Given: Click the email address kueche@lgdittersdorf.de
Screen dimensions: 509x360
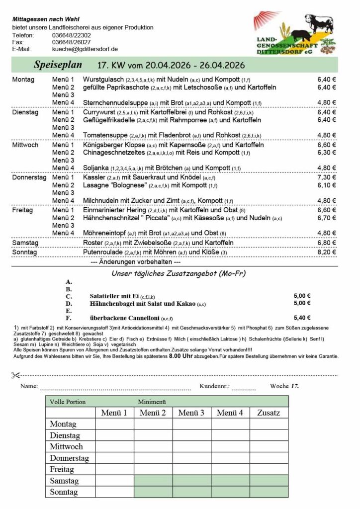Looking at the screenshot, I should tap(85, 49).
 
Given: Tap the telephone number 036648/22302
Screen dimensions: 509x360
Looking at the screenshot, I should tap(71, 35).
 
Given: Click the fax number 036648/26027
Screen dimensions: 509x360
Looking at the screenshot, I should tap(71, 42).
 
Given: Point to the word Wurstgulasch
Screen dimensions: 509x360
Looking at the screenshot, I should tap(103, 80).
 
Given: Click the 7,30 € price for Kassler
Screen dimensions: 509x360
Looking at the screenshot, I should tap(327, 177).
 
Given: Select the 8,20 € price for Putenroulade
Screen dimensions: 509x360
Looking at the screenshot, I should tap(327, 252).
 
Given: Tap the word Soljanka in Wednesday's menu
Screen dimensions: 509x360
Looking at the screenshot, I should tap(95, 168).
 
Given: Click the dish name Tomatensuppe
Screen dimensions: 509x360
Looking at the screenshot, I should tap(105, 135).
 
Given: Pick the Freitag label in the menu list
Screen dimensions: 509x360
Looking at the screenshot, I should tap(23, 211).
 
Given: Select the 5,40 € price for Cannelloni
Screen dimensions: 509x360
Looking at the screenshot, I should tap(302, 318).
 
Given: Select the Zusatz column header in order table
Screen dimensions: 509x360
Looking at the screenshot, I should tap(269, 413).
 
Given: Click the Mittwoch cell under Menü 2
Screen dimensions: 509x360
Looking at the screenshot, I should tap(153, 447).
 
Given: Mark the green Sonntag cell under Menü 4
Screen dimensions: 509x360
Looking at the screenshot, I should tap(230, 492).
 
